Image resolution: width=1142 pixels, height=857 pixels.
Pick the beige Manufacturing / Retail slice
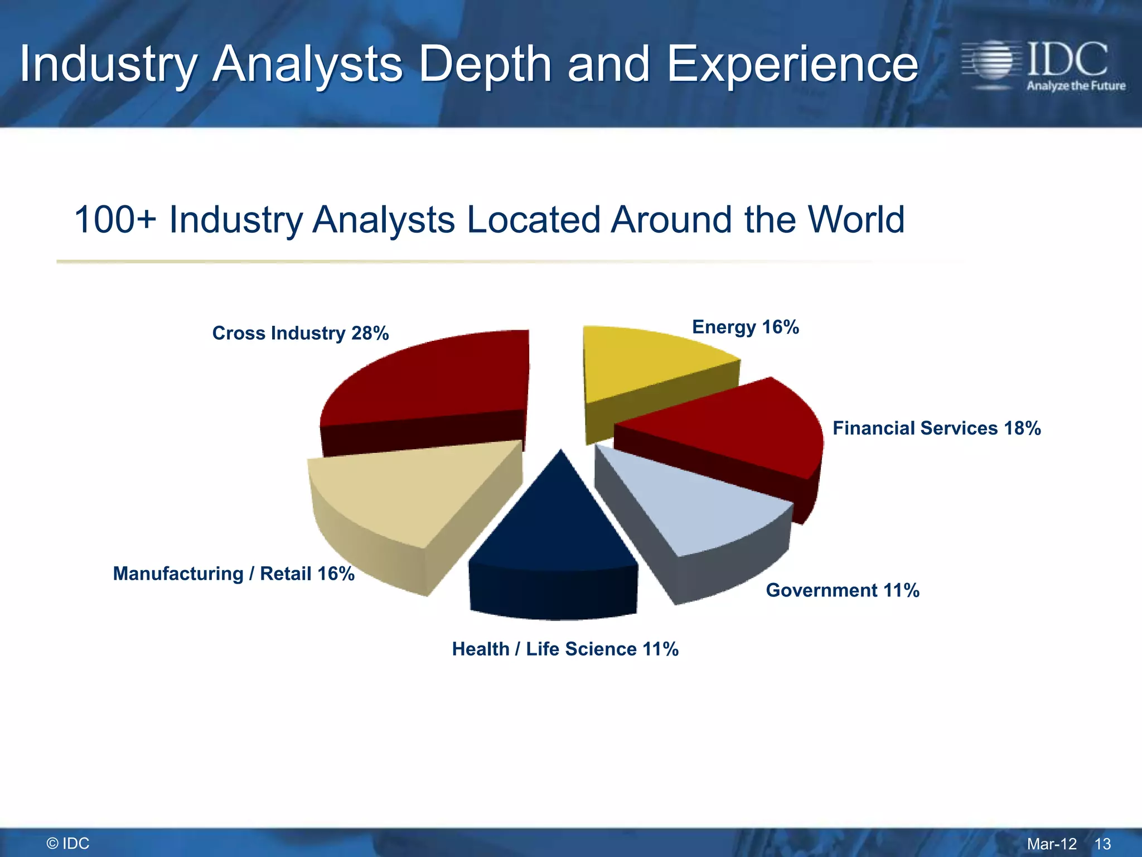coord(413,491)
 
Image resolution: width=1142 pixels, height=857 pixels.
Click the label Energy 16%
coord(745,327)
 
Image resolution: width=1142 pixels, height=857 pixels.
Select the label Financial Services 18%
coord(936,428)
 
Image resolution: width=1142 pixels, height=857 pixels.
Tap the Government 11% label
coord(842,590)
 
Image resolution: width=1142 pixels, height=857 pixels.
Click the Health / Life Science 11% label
coord(565,649)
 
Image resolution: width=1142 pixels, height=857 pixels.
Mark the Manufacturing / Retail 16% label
coord(234,574)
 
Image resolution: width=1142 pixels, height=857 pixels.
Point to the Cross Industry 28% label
coord(300,333)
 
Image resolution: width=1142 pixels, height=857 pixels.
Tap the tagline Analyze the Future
coord(1076,86)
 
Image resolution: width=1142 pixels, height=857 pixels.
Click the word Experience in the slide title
coord(792,65)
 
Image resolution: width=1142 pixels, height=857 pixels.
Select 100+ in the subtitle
coord(114,219)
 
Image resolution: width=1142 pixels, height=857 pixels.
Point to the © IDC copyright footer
coord(68,844)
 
